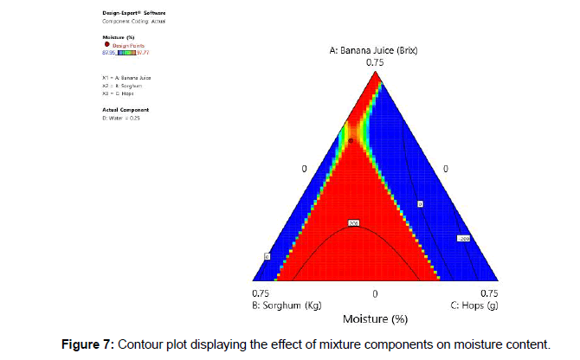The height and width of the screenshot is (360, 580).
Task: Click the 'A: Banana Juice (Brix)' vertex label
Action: [374, 50]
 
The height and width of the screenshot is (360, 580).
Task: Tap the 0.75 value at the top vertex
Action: [374, 62]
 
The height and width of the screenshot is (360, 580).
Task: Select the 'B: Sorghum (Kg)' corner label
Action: [284, 305]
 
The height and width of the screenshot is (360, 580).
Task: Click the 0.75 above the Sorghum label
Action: [260, 293]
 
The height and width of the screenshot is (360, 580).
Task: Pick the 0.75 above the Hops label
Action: [488, 293]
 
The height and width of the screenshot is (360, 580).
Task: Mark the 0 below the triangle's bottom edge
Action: [375, 293]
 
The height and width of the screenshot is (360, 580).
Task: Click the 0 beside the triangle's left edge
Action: [303, 168]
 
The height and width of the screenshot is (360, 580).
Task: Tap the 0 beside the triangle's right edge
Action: [446, 168]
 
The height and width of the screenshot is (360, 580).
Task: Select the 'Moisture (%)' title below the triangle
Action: [375, 319]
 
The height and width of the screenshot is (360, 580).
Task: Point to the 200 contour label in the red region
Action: [353, 223]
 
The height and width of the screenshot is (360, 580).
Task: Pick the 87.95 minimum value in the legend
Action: [109, 53]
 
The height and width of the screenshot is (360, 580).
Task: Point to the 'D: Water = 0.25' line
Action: [121, 118]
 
